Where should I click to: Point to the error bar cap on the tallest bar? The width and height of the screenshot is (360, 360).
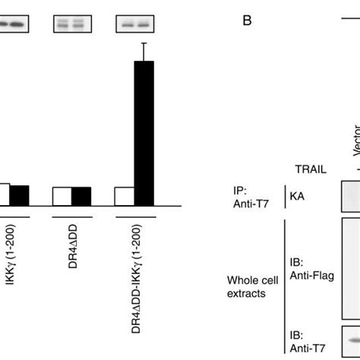click(x=143, y=44)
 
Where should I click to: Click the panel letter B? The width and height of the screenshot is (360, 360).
click(x=247, y=21)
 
